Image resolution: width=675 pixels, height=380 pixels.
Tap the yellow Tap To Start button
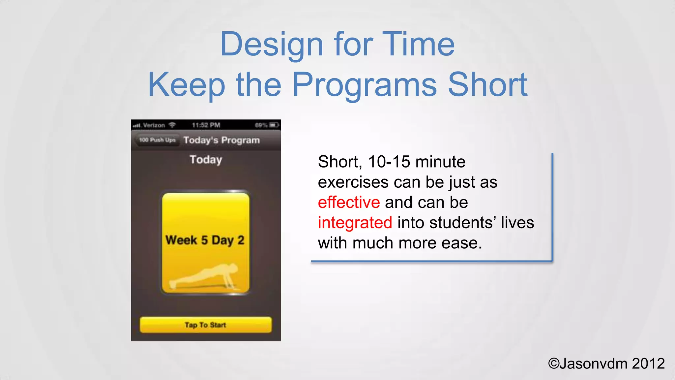(206, 325)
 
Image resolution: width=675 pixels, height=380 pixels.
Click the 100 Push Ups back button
(157, 140)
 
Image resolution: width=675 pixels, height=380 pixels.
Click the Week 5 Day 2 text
(205, 240)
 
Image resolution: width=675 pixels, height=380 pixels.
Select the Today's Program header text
(221, 140)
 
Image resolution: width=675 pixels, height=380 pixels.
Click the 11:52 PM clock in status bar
(206, 125)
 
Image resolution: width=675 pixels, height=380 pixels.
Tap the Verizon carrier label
(154, 125)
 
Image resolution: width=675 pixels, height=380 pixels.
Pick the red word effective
(349, 202)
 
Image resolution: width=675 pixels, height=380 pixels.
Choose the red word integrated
(355, 223)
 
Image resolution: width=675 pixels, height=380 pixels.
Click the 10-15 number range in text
(389, 162)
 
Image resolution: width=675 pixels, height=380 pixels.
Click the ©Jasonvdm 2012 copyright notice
(606, 364)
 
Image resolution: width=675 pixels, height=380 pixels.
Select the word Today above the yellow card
(206, 160)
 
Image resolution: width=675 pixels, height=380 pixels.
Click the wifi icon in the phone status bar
(172, 125)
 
